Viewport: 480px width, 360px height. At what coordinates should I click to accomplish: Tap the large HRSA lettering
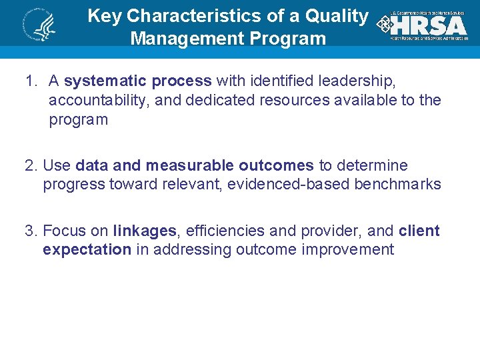tap(428, 25)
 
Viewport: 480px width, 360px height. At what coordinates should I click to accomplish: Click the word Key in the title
tap(104, 16)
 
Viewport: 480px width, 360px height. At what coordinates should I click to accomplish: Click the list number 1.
tap(29, 81)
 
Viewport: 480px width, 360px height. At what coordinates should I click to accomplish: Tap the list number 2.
tap(29, 165)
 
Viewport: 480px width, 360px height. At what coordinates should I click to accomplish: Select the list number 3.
tap(29, 231)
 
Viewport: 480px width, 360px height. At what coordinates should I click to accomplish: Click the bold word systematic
tap(105, 81)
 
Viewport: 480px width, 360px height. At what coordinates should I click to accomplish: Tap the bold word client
tap(419, 231)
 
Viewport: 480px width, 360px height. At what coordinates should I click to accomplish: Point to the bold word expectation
tap(87, 250)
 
